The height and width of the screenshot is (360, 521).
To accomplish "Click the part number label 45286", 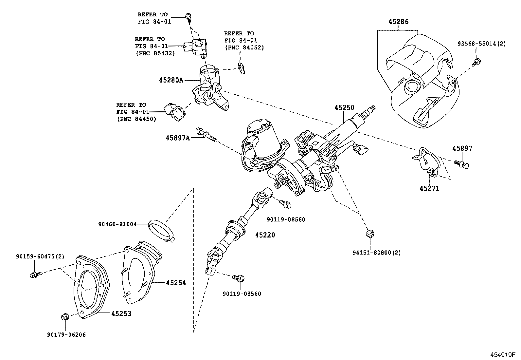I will point(398,22).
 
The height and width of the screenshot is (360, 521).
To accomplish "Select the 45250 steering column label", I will point(344,108).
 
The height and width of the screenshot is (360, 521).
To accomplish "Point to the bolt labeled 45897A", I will point(206,135).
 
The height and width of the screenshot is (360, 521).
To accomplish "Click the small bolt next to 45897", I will point(462,164).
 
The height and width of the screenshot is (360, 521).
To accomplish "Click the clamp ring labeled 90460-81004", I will point(161,231).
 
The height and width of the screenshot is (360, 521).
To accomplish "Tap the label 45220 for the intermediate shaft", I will point(265,235).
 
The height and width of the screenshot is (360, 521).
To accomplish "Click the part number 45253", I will point(121,314).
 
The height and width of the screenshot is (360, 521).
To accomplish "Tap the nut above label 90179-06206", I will point(65,317).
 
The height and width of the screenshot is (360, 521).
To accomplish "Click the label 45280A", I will point(171,80).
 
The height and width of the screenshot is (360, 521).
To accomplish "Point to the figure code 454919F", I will point(502,355).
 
